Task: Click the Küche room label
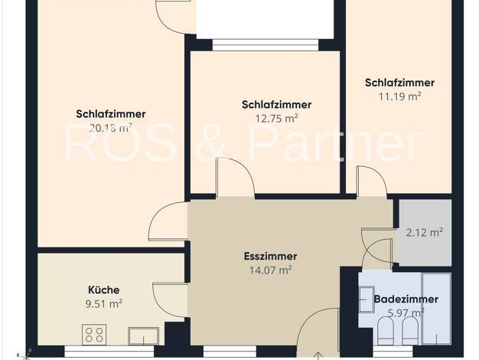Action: [x=104, y=290]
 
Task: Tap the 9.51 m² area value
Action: [x=104, y=304]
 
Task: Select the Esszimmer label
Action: [x=270, y=257]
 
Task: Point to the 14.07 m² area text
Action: [x=270, y=270]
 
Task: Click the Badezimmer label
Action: [x=406, y=299]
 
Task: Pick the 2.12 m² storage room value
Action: [x=425, y=233]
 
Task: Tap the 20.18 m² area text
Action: [x=111, y=128]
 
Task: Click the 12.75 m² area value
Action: [x=277, y=119]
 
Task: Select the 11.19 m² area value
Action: [x=400, y=97]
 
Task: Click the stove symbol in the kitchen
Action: [x=94, y=335]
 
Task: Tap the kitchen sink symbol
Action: [x=143, y=335]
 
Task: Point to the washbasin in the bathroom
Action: [x=367, y=299]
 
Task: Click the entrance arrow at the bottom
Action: [x=318, y=355]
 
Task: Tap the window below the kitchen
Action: [x=109, y=351]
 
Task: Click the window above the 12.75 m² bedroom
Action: [x=266, y=45]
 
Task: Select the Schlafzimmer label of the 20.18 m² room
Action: [x=111, y=114]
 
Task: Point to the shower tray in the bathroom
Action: [x=436, y=309]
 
